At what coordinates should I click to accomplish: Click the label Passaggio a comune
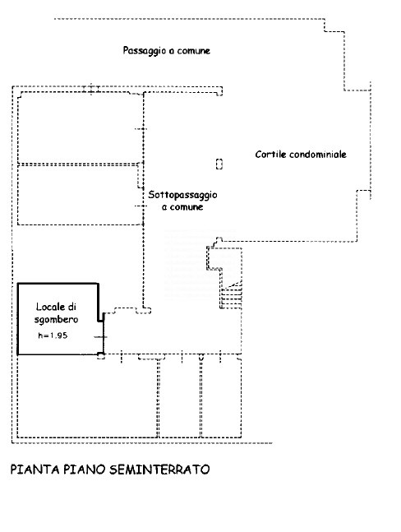[x=167, y=50]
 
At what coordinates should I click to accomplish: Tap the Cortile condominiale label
[x=301, y=155]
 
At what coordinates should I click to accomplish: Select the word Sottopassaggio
[x=182, y=195]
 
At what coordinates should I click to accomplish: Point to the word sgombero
[x=56, y=320]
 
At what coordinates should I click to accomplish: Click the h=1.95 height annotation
[x=53, y=335]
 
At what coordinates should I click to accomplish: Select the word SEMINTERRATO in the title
[x=159, y=470]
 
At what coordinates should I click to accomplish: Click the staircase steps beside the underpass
[x=231, y=295]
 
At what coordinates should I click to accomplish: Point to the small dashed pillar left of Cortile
[x=219, y=164]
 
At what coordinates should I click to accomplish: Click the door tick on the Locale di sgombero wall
[x=100, y=337]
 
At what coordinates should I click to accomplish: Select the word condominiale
[x=318, y=155]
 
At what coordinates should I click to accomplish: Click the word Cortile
[x=270, y=155]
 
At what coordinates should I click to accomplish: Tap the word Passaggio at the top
[x=144, y=51]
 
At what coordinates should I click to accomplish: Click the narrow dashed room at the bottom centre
[x=180, y=397]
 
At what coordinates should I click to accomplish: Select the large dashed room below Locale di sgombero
[x=88, y=396]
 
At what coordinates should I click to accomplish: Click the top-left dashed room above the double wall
[x=80, y=127]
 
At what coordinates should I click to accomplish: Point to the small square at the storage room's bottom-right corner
[x=101, y=355]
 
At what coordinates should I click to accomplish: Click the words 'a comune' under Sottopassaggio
[x=182, y=207]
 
